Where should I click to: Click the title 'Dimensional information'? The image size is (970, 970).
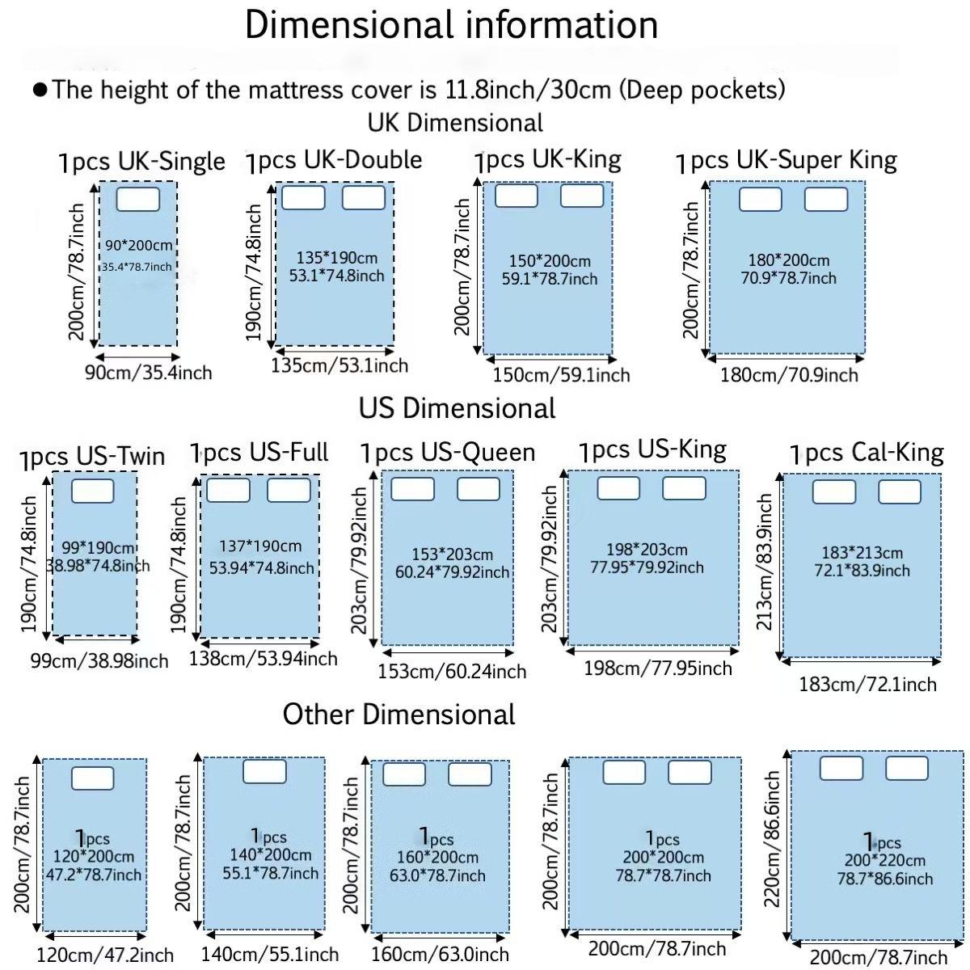(x=451, y=26)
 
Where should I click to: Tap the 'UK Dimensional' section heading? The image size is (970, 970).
(x=455, y=123)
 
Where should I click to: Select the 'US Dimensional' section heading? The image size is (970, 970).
(x=457, y=407)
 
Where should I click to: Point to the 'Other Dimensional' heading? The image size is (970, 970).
(x=399, y=715)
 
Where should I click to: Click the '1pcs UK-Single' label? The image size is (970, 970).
(x=141, y=162)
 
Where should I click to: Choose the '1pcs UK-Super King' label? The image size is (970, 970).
(x=787, y=161)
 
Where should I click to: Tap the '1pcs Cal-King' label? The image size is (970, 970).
(x=867, y=453)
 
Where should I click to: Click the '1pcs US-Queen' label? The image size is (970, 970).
(x=448, y=452)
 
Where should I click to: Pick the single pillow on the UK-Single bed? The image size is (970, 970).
(x=137, y=199)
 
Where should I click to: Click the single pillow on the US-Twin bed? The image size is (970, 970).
(x=93, y=491)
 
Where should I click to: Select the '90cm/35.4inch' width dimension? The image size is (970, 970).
(x=148, y=373)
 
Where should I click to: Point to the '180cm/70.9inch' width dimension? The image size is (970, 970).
(x=789, y=375)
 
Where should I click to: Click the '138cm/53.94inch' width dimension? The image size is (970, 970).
(x=263, y=659)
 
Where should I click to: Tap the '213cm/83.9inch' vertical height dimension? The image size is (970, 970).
(x=765, y=563)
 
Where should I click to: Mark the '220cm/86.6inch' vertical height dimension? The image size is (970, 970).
(x=772, y=839)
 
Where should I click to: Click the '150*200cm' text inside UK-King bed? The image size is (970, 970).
(x=550, y=261)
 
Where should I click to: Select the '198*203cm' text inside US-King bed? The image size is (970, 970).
(x=647, y=550)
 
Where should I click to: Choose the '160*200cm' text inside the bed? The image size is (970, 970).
(x=437, y=858)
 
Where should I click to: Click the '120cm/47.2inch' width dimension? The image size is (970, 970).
(x=105, y=955)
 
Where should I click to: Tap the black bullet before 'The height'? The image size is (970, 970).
(x=40, y=90)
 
